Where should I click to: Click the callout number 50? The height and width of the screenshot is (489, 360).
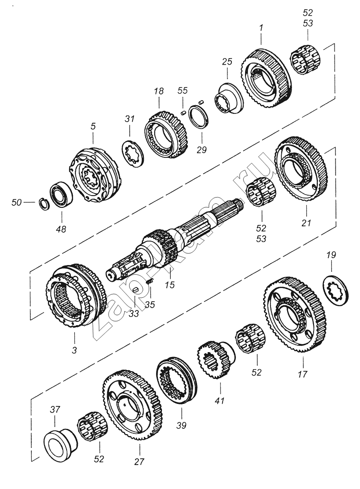[17, 202]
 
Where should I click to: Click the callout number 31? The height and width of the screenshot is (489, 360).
[130, 119]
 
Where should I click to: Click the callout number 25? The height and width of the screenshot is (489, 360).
[227, 62]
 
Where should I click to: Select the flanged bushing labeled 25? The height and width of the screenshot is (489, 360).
[229, 98]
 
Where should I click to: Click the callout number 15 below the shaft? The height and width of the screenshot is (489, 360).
[170, 285]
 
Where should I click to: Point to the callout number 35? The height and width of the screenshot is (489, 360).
[150, 304]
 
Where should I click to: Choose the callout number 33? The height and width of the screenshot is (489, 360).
[134, 313]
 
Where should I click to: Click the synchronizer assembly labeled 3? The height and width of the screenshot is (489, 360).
[76, 295]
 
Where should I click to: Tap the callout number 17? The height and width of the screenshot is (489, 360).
[302, 374]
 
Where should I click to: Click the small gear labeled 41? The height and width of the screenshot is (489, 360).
[216, 359]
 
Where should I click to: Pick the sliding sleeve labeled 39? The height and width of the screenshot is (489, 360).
[177, 381]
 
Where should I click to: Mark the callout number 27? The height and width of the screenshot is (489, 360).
[139, 461]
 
